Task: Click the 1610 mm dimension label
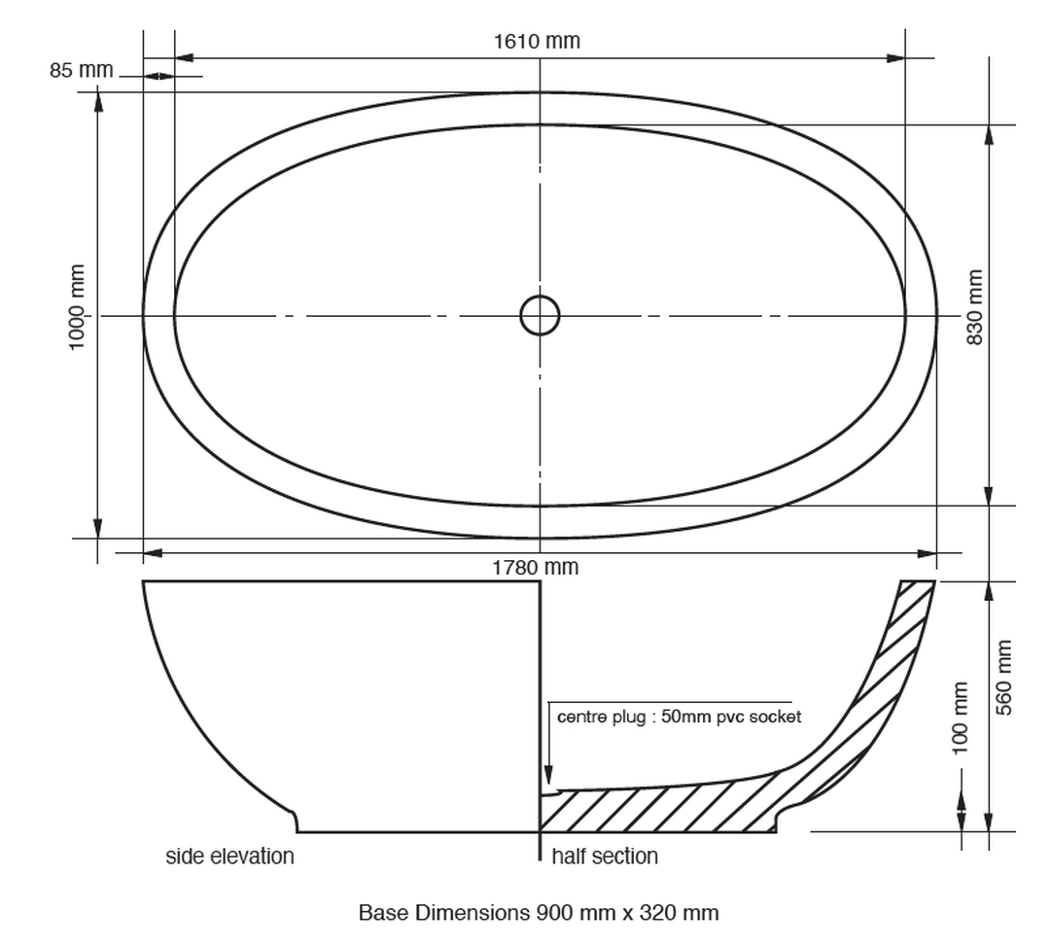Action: (x=537, y=42)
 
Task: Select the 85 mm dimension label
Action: (x=81, y=70)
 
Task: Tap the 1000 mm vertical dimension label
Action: (x=77, y=307)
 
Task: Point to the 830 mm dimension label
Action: (x=975, y=307)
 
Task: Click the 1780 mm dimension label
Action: (x=535, y=567)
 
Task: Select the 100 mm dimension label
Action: (x=960, y=717)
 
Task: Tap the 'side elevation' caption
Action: (x=229, y=856)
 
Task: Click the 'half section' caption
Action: (x=605, y=856)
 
